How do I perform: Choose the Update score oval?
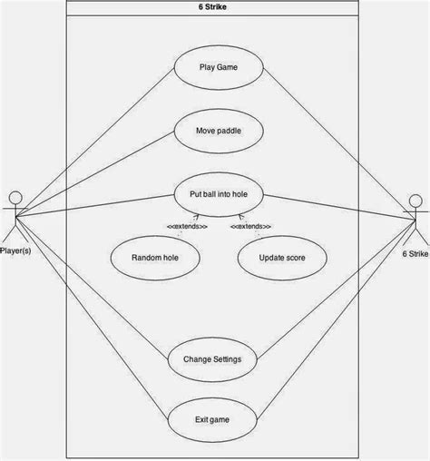pyautogui.click(x=281, y=257)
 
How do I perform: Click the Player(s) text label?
pyautogui.click(x=15, y=250)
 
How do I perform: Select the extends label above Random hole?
pyautogui.click(x=186, y=226)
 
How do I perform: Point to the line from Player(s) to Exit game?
pyautogui.click(x=91, y=318)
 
